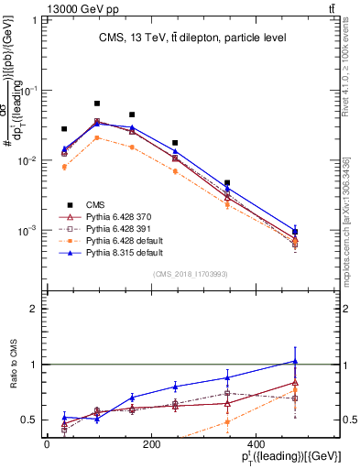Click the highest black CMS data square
coord(97,104)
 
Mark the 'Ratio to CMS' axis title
coord(12,366)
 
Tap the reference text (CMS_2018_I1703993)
coord(190,274)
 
